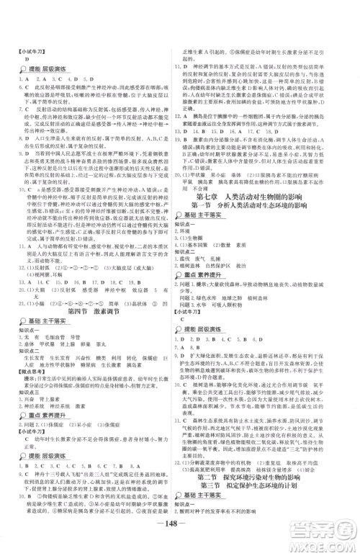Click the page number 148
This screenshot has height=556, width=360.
click(x=179, y=537)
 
